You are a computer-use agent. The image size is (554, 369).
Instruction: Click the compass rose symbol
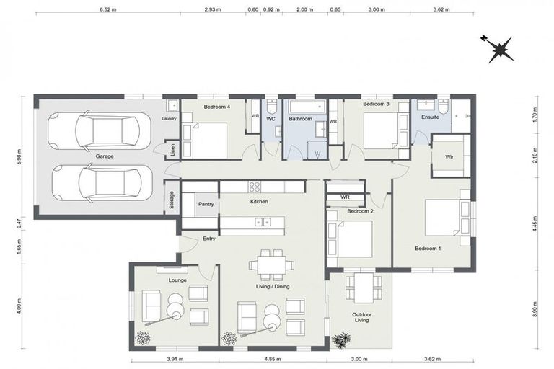click(499, 48)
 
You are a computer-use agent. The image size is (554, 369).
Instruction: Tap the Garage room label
click(105, 155)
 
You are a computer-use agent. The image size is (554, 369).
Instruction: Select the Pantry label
click(206, 205)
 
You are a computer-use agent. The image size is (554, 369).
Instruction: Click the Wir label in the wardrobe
click(449, 156)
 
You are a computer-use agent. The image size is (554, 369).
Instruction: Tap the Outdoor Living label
click(361, 318)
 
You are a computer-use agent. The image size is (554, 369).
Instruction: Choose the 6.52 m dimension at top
click(106, 9)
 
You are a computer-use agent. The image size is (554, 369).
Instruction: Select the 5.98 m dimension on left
click(19, 157)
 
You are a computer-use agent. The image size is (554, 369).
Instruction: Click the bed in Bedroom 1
click(446, 216)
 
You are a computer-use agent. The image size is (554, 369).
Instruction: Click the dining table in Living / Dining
click(271, 265)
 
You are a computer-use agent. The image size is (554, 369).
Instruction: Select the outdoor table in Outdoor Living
click(361, 287)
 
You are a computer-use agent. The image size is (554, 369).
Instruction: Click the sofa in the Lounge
click(151, 306)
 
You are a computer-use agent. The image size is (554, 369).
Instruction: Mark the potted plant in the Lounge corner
click(142, 337)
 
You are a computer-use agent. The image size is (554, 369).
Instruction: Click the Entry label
click(209, 239)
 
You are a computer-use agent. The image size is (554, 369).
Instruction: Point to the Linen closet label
click(172, 150)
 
